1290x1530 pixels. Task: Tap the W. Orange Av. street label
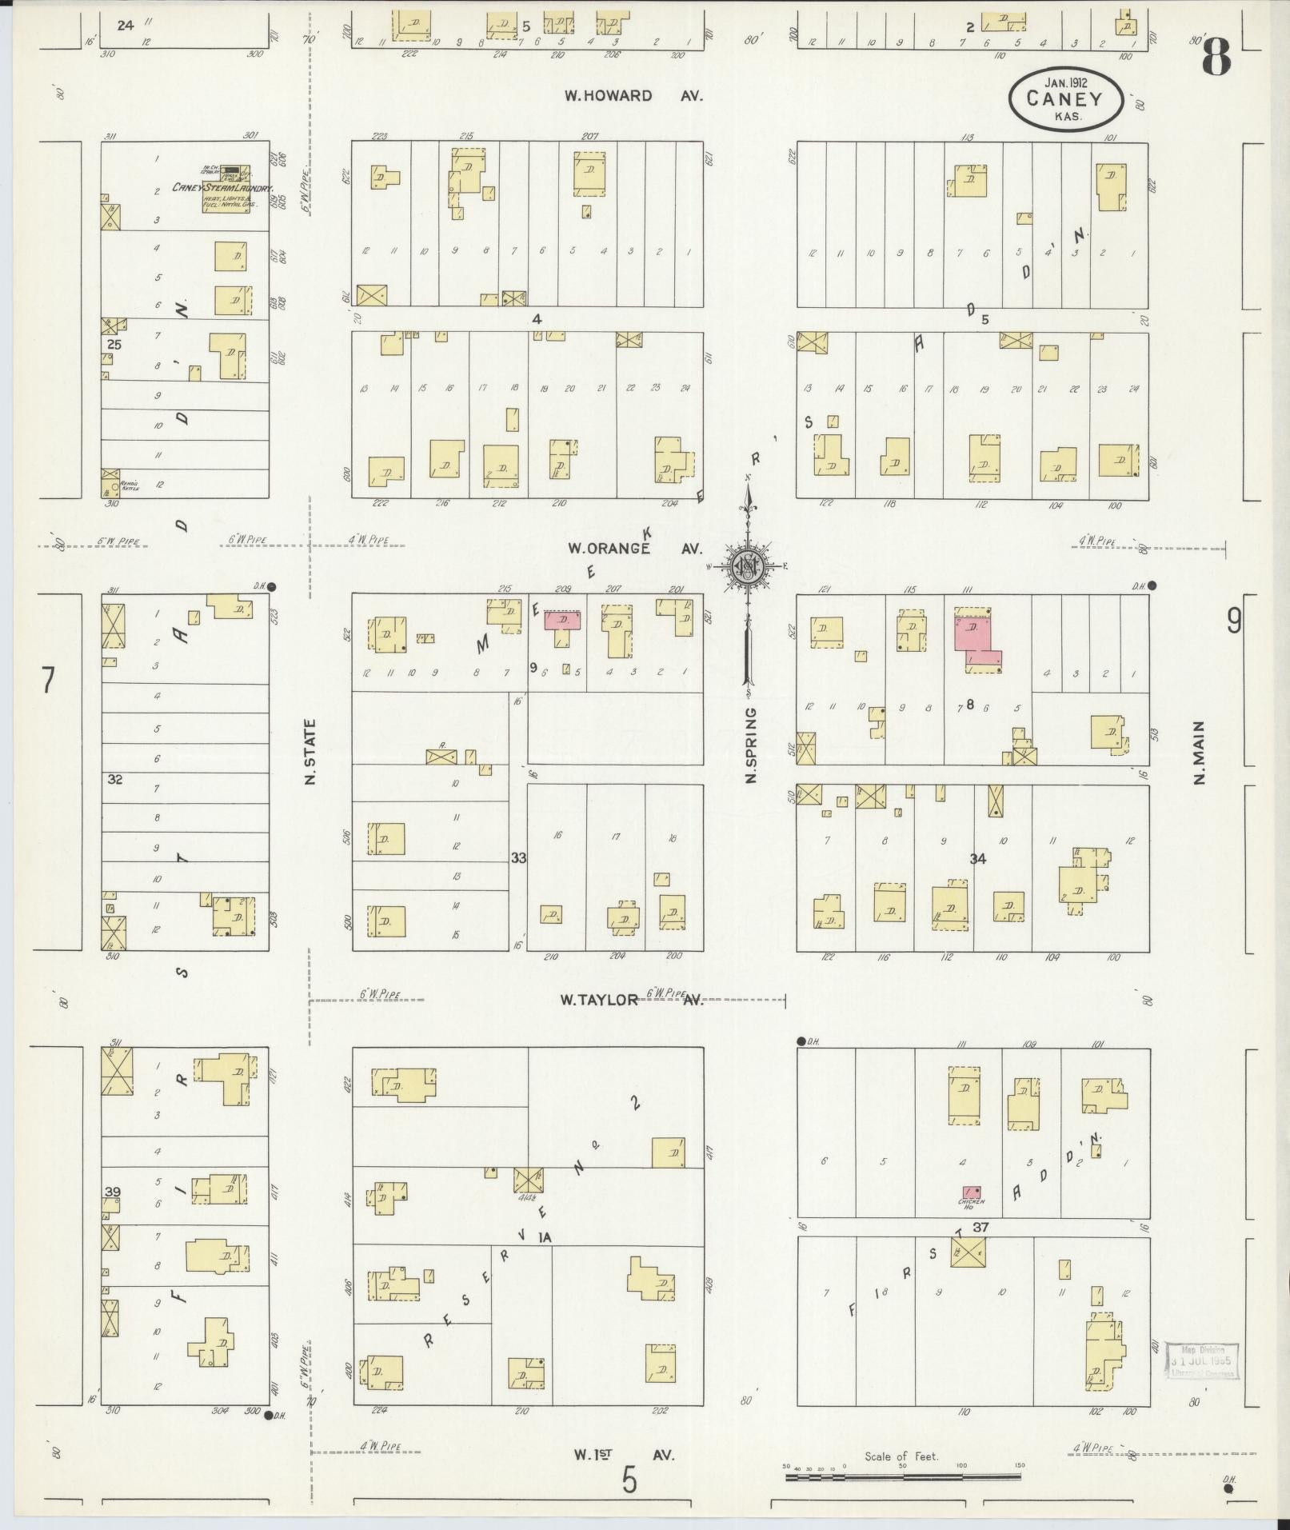coord(634,549)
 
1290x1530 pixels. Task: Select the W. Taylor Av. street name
coord(632,999)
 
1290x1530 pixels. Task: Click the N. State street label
coord(311,752)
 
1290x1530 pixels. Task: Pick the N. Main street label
coord(1199,753)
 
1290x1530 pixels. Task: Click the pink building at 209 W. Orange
coord(561,621)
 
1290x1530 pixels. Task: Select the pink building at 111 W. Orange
coord(976,637)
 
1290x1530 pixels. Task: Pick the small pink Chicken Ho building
coord(972,1192)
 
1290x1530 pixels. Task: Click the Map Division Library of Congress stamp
coord(1201,1360)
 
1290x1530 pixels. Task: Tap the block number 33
coord(519,858)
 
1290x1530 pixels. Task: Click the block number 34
coord(977,859)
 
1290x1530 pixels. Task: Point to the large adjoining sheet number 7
coord(49,681)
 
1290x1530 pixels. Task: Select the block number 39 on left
coord(112,1192)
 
